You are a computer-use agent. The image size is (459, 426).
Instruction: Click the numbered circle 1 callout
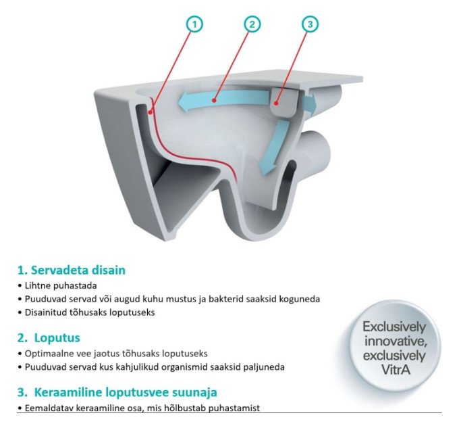click(x=194, y=24)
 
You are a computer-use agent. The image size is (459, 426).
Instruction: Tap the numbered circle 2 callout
click(x=252, y=24)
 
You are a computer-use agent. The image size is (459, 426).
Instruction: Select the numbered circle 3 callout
click(x=310, y=24)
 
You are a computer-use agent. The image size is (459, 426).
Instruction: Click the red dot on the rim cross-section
click(x=150, y=112)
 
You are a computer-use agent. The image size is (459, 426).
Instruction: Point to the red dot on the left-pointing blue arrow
click(x=214, y=101)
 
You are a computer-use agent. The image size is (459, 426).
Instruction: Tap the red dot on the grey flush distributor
click(x=275, y=103)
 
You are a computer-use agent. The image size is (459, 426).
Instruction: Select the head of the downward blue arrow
click(x=267, y=169)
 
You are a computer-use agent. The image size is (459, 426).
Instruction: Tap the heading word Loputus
click(x=57, y=337)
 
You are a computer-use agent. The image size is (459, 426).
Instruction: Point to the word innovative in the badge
click(x=396, y=341)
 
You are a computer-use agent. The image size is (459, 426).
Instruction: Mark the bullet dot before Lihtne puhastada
click(x=20, y=286)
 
